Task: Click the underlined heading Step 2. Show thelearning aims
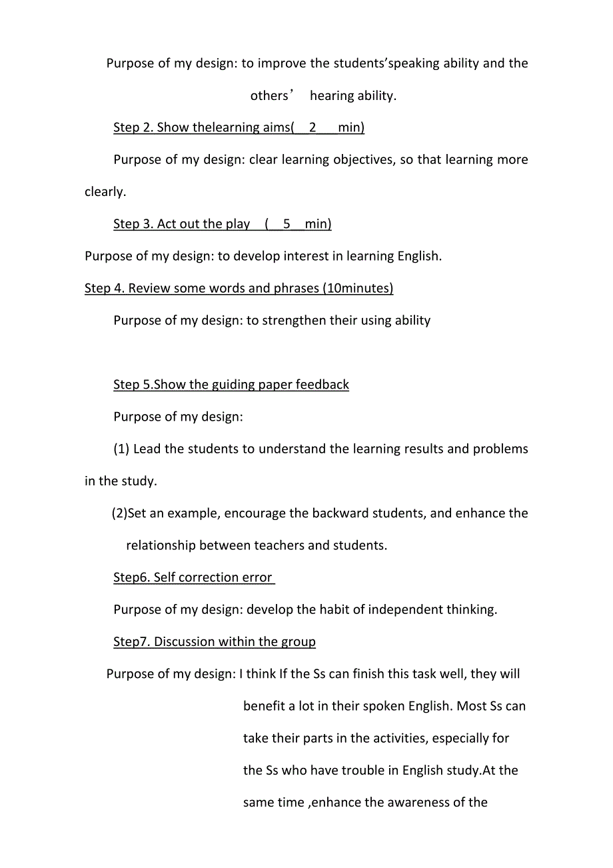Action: (x=239, y=127)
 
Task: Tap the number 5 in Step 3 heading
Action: (x=287, y=224)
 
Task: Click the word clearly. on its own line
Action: (x=105, y=192)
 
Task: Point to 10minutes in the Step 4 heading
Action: (x=356, y=288)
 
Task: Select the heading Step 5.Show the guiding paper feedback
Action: (x=231, y=385)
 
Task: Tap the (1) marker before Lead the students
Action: (x=121, y=449)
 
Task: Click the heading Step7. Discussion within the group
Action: (x=214, y=642)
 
